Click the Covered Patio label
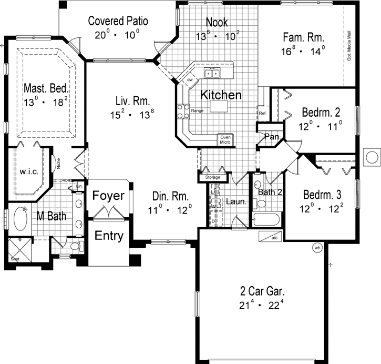pyautogui.click(x=118, y=22)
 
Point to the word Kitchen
pyautogui.click(x=222, y=95)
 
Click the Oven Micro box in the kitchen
pyautogui.click(x=226, y=140)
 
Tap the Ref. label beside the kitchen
pyautogui.click(x=262, y=113)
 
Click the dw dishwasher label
pyautogui.click(x=191, y=80)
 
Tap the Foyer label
pyautogui.click(x=108, y=196)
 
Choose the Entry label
pyautogui.click(x=109, y=236)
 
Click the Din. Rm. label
pyautogui.click(x=168, y=197)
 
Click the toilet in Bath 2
pyautogui.click(x=259, y=203)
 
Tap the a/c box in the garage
pyautogui.click(x=274, y=237)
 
